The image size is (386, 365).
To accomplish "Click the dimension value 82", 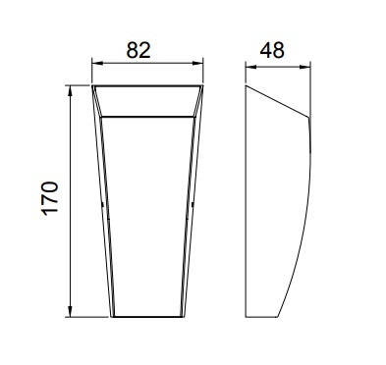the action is pyautogui.click(x=138, y=50).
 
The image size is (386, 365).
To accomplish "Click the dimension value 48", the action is pyautogui.click(x=272, y=50).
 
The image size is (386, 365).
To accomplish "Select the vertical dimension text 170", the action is pyautogui.click(x=49, y=198).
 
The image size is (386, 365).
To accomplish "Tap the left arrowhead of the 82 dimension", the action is pyautogui.click(x=96, y=63).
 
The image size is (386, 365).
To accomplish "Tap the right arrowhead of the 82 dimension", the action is pyautogui.click(x=198, y=63).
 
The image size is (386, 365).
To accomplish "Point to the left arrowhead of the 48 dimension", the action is pyautogui.click(x=250, y=67).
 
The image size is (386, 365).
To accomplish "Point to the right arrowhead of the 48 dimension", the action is pyautogui.click(x=305, y=67).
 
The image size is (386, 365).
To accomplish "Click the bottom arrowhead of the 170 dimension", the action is pyautogui.click(x=70, y=312).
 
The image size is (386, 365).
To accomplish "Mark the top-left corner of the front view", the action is pyautogui.click(x=92, y=85).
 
